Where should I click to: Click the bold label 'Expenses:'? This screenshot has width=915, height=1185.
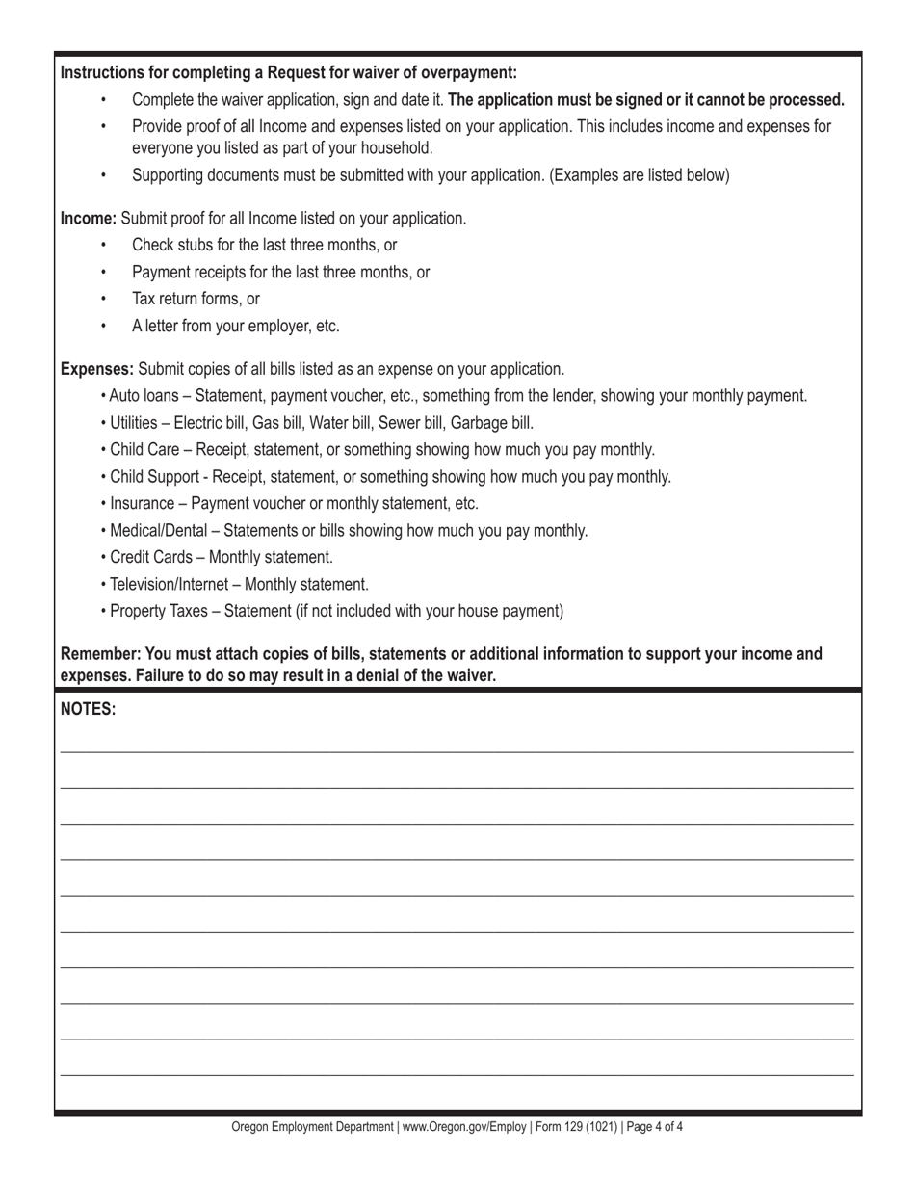pos(97,369)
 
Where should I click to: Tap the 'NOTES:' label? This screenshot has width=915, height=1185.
pos(89,710)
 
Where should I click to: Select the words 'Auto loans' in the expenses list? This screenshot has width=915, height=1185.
pos(145,396)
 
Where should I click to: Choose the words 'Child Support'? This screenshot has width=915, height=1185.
pos(154,477)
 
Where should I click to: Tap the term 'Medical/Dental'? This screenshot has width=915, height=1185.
pos(159,531)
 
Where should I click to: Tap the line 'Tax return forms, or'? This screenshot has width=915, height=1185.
pos(196,300)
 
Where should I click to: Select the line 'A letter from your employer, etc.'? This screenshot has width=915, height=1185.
pos(236,327)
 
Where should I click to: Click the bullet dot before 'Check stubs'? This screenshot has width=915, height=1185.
pos(104,246)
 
